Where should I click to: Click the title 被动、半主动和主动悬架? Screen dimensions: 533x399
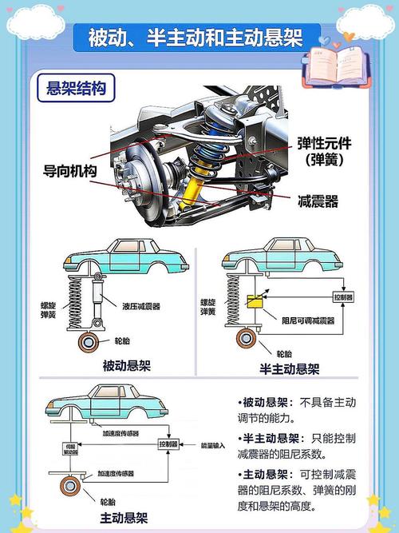pyautogui.click(x=196, y=37)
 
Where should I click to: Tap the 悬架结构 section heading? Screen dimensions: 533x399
pyautogui.click(x=77, y=88)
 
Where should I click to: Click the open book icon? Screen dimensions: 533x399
pyautogui.click(x=342, y=65)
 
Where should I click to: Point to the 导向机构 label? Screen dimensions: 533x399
pyautogui.click(x=69, y=171)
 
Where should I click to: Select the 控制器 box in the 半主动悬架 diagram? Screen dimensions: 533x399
pyautogui.click(x=343, y=297)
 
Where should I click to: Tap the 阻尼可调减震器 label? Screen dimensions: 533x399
pyautogui.click(x=299, y=320)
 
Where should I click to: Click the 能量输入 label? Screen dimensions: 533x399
pyautogui.click(x=213, y=444)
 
